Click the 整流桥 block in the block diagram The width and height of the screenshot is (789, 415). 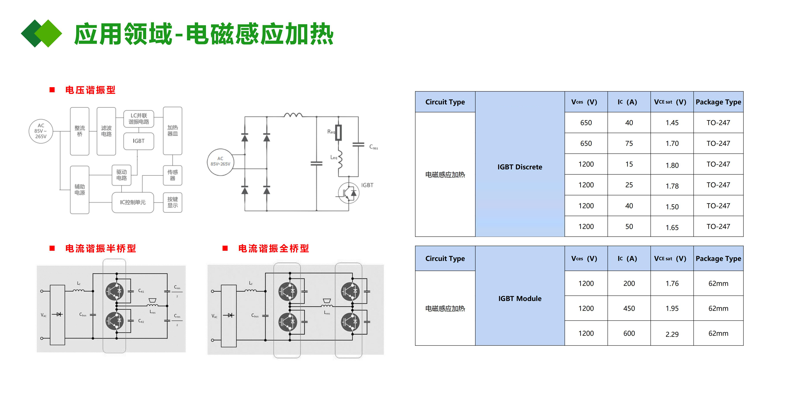coord(80,131)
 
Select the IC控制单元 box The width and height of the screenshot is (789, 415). coord(133,202)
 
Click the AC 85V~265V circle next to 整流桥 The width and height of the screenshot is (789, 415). coord(41,131)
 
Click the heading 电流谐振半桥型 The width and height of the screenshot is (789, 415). coord(100,248)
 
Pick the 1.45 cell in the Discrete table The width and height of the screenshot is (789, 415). coord(672,123)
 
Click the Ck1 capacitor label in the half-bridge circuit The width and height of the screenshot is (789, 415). coord(141,291)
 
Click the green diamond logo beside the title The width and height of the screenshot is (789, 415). coord(41,33)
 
